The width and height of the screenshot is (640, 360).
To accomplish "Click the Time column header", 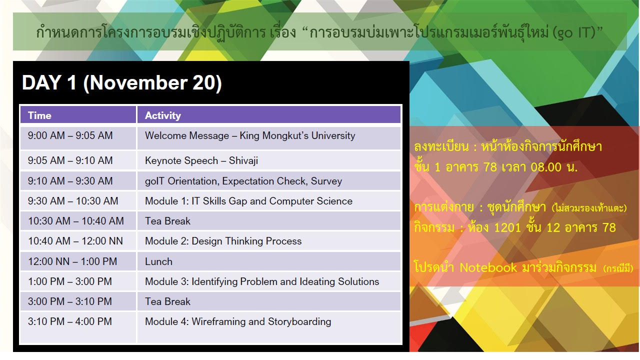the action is (x=39, y=115).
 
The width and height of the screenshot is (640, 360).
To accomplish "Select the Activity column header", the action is (x=163, y=115).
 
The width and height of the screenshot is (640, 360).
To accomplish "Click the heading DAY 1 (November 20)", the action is (x=121, y=82).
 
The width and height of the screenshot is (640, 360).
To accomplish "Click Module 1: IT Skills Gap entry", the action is (x=248, y=201).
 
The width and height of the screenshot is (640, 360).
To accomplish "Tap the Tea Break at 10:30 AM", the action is (x=167, y=221).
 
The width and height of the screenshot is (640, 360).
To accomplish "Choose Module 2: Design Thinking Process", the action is (x=223, y=241).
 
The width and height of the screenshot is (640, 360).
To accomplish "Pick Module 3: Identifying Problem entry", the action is (x=262, y=281).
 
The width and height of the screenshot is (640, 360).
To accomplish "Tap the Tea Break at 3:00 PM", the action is (x=167, y=301).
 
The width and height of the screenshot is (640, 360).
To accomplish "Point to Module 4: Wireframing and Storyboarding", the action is (x=238, y=321).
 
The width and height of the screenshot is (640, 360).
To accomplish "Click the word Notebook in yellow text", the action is (x=488, y=267).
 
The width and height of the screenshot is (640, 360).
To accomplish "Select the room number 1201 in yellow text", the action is (x=507, y=227).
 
